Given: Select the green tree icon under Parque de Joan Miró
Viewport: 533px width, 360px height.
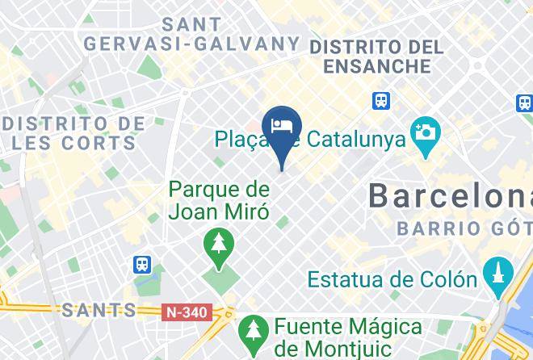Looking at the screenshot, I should [x=218, y=241].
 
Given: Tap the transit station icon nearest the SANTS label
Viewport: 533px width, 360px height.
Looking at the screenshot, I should [x=142, y=264].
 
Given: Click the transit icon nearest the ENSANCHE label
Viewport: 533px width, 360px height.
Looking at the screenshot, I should [x=381, y=100].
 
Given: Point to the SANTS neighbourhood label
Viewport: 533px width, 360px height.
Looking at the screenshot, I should [x=99, y=310].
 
